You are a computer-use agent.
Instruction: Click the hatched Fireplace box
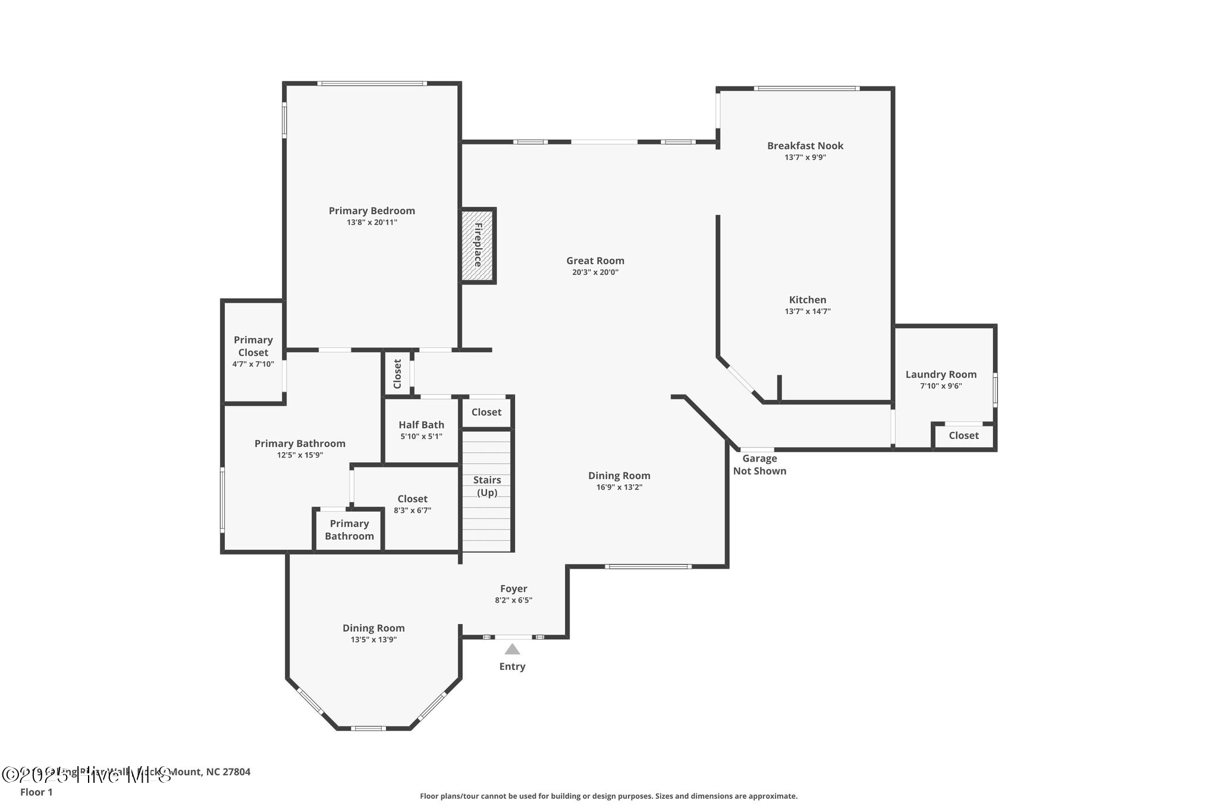pyautogui.click(x=478, y=245)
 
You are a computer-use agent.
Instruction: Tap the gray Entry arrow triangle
pyautogui.click(x=512, y=649)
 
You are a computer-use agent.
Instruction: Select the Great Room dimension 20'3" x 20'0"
pyautogui.click(x=595, y=272)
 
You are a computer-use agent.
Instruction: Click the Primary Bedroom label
pyautogui.click(x=372, y=211)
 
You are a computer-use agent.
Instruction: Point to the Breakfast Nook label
pyautogui.click(x=805, y=146)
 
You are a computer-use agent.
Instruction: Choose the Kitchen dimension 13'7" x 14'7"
pyautogui.click(x=807, y=311)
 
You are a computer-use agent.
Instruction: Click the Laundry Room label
pyautogui.click(x=941, y=374)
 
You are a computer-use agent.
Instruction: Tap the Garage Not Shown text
pyautogui.click(x=759, y=465)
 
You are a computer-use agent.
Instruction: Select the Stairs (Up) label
pyautogui.click(x=487, y=486)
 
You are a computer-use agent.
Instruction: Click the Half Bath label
pyautogui.click(x=421, y=425)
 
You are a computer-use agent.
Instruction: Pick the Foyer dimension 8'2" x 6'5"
pyautogui.click(x=513, y=600)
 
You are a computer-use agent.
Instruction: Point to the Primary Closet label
pyautogui.click(x=253, y=346)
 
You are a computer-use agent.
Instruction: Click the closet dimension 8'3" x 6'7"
pyautogui.click(x=412, y=510)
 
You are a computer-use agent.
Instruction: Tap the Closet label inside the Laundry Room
pyautogui.click(x=963, y=435)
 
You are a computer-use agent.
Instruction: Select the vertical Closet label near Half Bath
pyautogui.click(x=397, y=373)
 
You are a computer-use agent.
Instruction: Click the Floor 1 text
pyautogui.click(x=36, y=792)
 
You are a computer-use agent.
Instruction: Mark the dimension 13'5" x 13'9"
pyautogui.click(x=373, y=639)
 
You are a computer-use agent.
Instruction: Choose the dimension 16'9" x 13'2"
pyautogui.click(x=619, y=487)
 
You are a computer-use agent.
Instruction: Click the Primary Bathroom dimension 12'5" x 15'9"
pyautogui.click(x=300, y=455)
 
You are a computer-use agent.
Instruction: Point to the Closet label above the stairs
pyautogui.click(x=486, y=412)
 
